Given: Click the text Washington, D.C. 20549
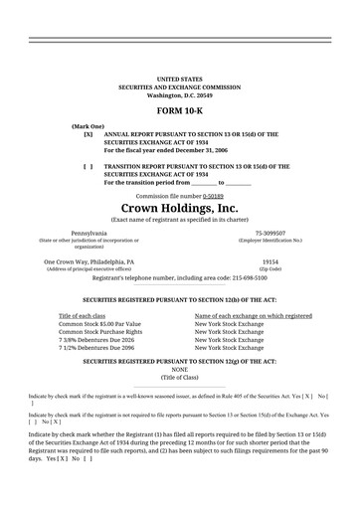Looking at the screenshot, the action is [179, 94].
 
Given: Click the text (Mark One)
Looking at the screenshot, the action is [88, 127].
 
